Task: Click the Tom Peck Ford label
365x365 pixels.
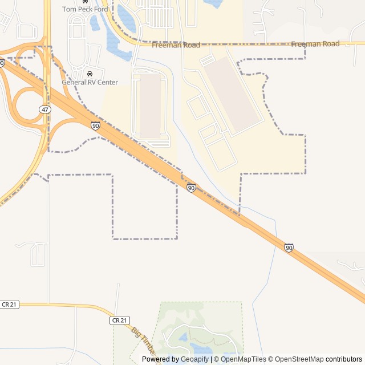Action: (85, 9)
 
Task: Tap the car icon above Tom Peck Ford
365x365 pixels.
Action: (85, 2)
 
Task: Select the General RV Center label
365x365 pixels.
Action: (90, 82)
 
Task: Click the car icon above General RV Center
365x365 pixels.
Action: (90, 74)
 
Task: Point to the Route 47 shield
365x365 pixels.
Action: (45, 109)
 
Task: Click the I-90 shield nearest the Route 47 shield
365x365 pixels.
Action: (95, 125)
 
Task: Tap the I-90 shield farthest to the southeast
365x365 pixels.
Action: (289, 248)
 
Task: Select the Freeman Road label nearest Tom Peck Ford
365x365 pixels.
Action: (184, 45)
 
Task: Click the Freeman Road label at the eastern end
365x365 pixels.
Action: (315, 44)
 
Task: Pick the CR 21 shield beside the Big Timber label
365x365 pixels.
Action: (117, 321)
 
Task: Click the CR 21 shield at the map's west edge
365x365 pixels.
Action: (9, 305)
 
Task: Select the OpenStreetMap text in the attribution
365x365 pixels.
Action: (299, 359)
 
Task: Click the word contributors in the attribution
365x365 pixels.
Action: (344, 359)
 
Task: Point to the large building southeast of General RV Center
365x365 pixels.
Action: (151, 106)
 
